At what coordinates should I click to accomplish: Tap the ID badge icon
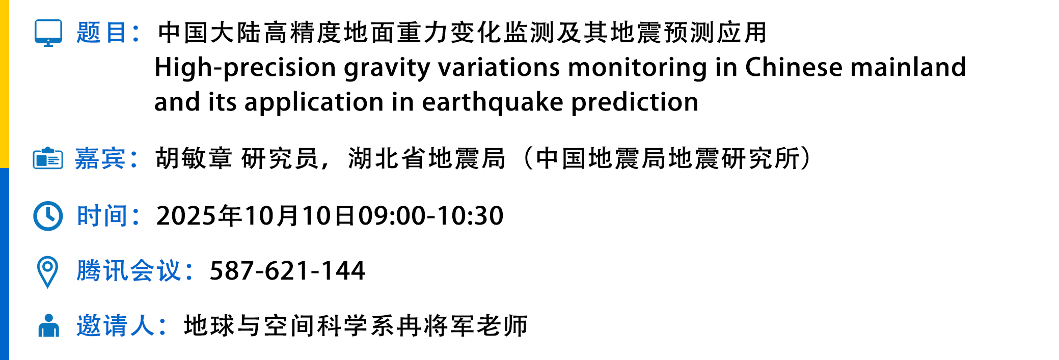click(48, 158)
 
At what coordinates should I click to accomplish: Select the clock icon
click(48, 216)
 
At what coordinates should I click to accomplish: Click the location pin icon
click(48, 272)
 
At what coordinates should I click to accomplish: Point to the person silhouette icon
click(49, 325)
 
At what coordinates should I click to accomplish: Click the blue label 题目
click(101, 33)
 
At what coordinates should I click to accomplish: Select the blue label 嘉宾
click(100, 158)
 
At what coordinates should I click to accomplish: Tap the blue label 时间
click(102, 216)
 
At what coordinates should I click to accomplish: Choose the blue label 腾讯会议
click(128, 270)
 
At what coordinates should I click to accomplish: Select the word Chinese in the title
click(794, 67)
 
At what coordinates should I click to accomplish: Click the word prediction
click(635, 102)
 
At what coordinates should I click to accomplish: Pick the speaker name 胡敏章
click(194, 158)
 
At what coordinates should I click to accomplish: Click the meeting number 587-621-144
click(287, 270)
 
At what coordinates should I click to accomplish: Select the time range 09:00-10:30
click(431, 216)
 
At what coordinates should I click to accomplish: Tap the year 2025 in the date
click(186, 216)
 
